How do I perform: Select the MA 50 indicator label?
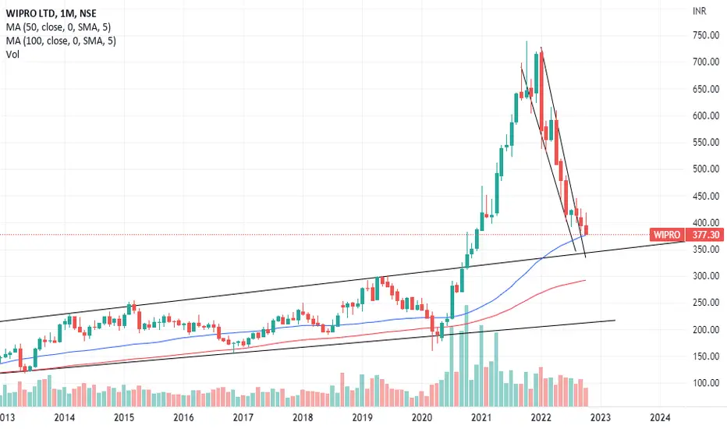tap(59, 27)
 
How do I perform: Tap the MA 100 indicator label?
tap(61, 41)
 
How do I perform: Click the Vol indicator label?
tap(12, 55)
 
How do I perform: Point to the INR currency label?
tap(700, 11)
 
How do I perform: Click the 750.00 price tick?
tap(706, 35)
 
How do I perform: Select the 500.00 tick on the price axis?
tap(706, 168)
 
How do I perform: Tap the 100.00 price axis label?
tap(706, 383)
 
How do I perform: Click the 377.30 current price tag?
tap(706, 235)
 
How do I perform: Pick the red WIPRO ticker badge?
tap(667, 235)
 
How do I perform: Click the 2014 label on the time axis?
tap(65, 418)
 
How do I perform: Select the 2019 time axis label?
tap(362, 418)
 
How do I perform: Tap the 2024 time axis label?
tap(660, 418)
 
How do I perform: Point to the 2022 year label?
tap(541, 418)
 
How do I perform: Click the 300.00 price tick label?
tap(706, 276)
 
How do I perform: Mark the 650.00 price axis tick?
tap(706, 89)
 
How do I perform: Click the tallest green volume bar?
tap(466, 356)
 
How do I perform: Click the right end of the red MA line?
tap(585, 280)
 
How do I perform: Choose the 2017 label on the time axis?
tap(243, 418)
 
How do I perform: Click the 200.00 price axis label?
tap(706, 330)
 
